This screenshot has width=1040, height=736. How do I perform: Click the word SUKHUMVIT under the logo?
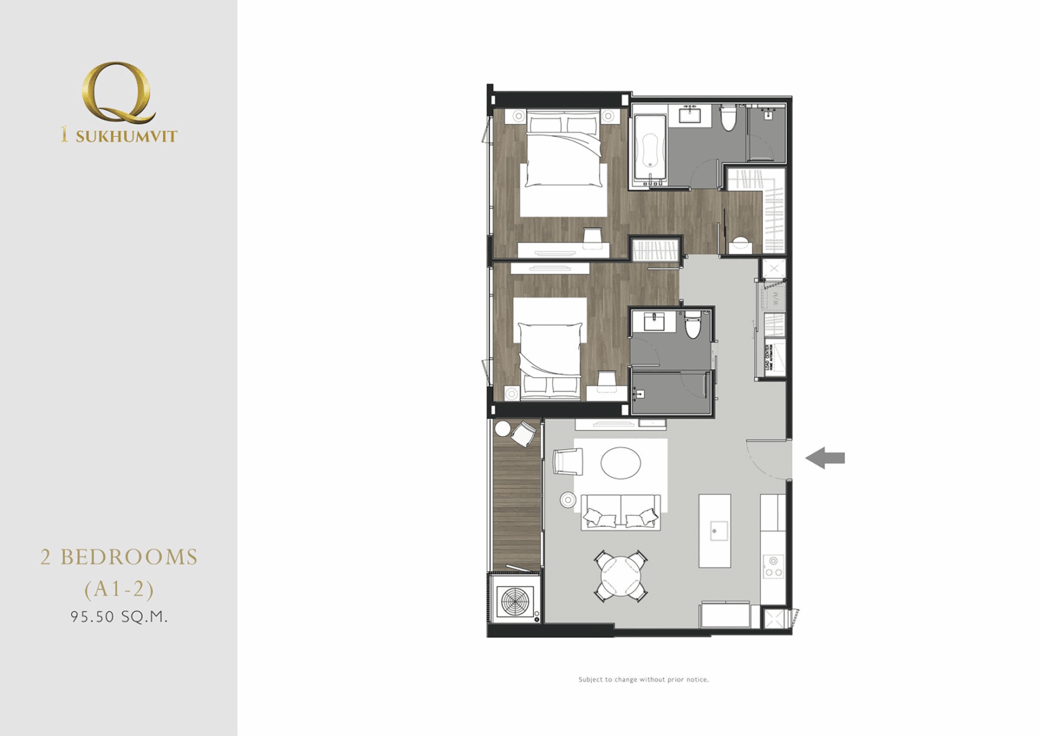(126, 136)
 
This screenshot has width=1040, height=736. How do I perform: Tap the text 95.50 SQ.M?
(119, 617)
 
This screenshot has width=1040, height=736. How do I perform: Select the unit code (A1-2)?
(119, 589)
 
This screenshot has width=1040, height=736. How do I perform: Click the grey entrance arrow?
(825, 458)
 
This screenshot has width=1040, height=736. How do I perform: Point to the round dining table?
(621, 576)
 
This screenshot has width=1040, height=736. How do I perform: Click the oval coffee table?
(621, 464)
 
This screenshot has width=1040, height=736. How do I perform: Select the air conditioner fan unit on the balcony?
(515, 601)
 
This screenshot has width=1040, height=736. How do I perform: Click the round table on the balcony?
(502, 429)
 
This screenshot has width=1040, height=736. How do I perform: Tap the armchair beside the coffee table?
(567, 461)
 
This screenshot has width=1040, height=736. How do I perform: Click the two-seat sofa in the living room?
(621, 512)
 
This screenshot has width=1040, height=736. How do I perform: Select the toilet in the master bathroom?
(729, 119)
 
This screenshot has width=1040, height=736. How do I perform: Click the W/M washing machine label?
(776, 297)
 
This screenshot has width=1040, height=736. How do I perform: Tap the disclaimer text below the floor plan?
(643, 679)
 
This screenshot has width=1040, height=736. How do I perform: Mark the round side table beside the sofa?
(567, 500)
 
